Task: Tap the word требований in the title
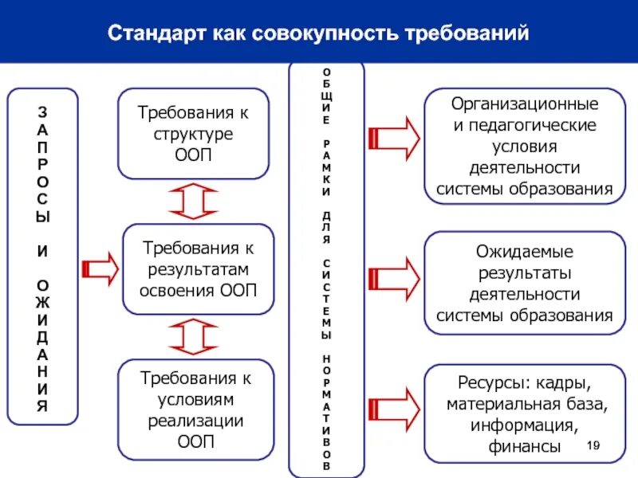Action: (468, 35)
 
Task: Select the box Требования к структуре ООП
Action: (193, 134)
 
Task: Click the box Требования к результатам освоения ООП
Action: (198, 268)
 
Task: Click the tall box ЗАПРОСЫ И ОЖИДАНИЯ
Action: (42, 256)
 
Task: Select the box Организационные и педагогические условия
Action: (524, 147)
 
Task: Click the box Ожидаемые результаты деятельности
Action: (524, 283)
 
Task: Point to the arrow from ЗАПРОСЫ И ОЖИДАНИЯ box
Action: (100, 268)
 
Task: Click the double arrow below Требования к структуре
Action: (194, 201)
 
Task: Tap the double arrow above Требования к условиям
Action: (194, 336)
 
